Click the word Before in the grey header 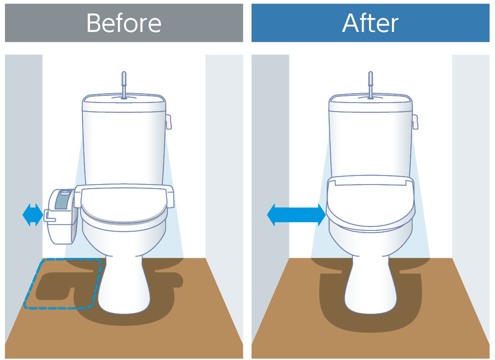124,23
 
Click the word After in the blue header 370,23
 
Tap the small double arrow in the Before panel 33,215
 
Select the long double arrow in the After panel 297,215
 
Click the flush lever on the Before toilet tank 169,122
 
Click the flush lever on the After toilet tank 415,122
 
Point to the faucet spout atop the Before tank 124,85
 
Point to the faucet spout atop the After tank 371,85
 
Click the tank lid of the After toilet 371,103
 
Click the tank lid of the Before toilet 124,103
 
